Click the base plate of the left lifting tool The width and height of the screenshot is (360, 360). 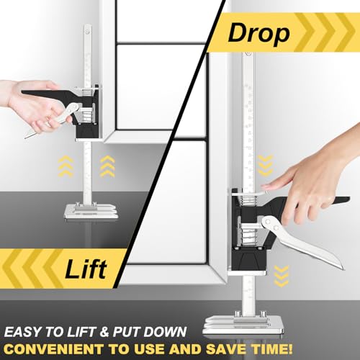pyautogui.click(x=91, y=209)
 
